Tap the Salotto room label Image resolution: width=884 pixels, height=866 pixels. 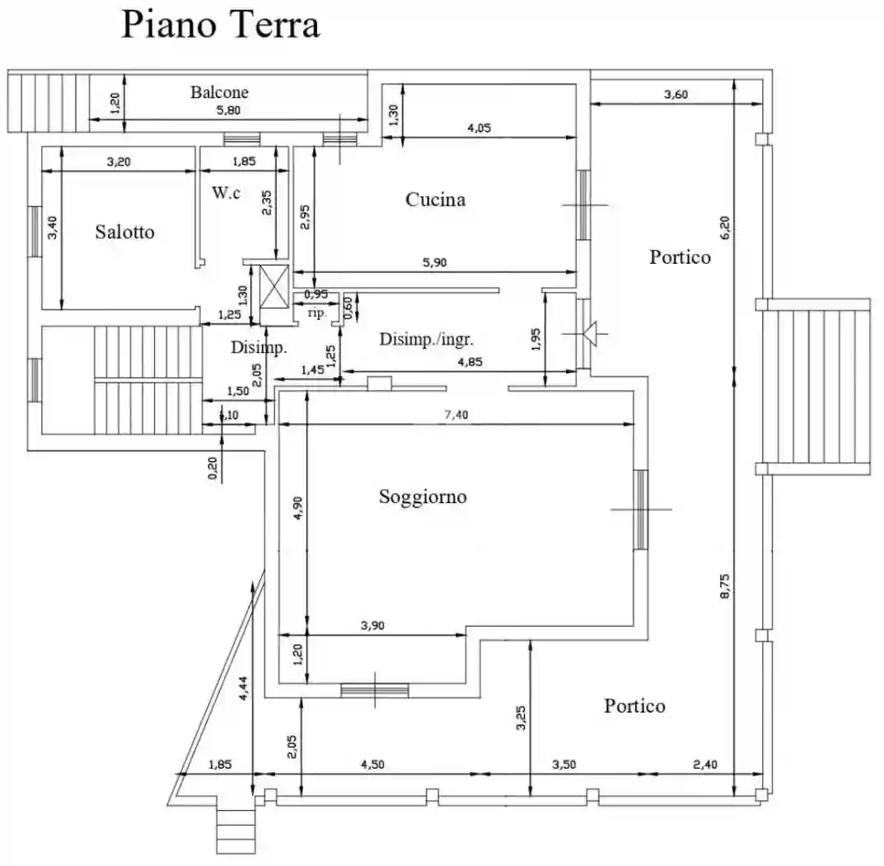point(124,232)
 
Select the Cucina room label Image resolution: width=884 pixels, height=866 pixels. point(435,200)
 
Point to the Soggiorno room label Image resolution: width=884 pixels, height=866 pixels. point(423,497)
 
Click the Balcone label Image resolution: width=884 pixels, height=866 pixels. point(219,92)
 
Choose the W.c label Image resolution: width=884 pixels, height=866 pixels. point(225,193)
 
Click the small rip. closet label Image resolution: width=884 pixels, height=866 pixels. point(316,313)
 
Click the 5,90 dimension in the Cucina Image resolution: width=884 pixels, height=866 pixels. point(436,263)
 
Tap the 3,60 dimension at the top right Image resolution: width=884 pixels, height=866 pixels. point(676,94)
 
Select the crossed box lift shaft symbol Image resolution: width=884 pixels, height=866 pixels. point(273,286)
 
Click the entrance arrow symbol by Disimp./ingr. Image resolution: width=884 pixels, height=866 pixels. point(590,334)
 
